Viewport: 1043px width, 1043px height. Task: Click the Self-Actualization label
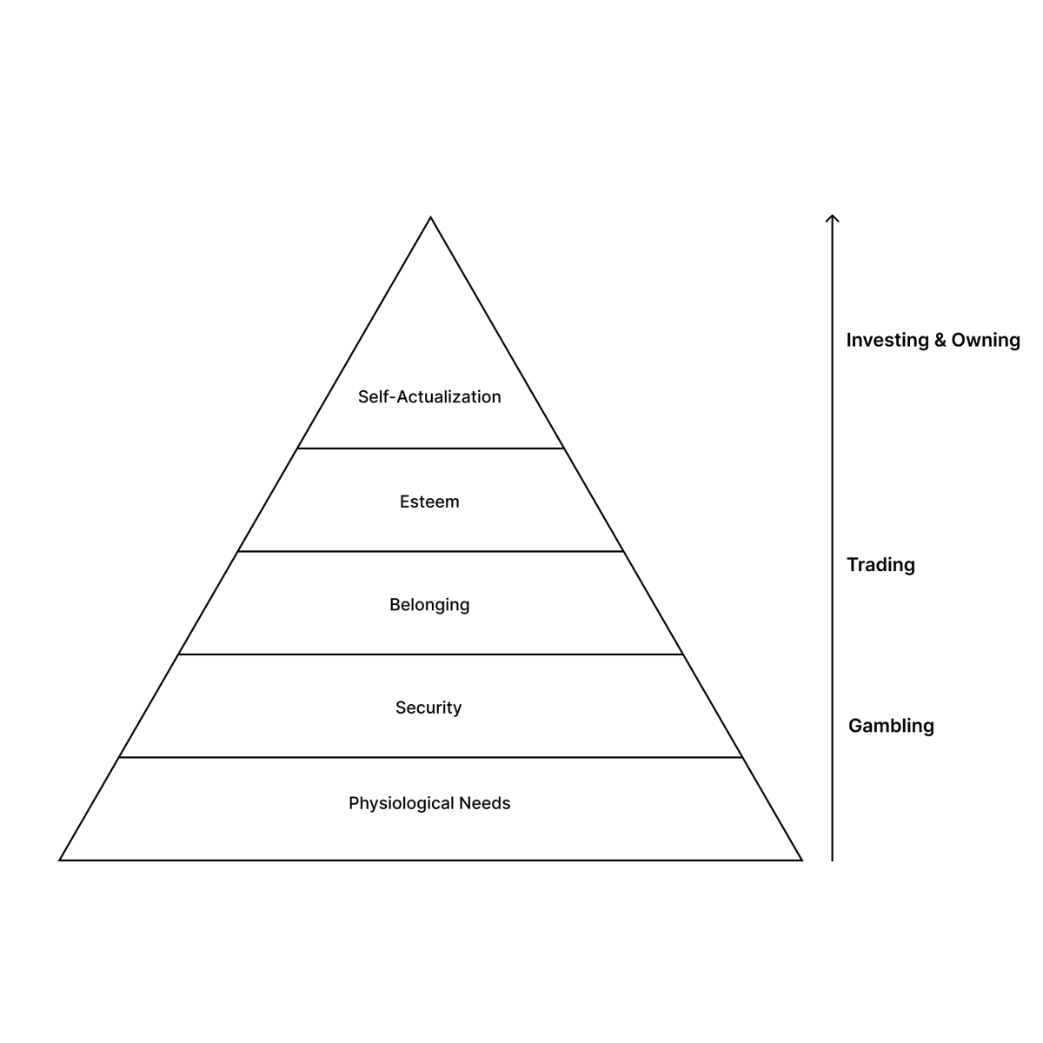pos(429,397)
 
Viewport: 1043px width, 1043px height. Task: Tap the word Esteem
pos(429,502)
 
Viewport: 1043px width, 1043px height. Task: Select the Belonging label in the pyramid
pos(429,605)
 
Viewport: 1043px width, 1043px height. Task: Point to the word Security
pos(428,708)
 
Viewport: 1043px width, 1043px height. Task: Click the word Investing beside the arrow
pos(887,340)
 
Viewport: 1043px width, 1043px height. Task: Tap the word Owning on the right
pos(986,340)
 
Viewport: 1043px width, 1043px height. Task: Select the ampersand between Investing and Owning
pos(940,340)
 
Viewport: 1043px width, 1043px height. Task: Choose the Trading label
pos(880,565)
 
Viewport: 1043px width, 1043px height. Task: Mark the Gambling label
pos(891,726)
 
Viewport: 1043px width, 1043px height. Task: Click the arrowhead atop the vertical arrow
pos(832,217)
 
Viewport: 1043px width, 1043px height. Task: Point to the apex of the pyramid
pos(430,218)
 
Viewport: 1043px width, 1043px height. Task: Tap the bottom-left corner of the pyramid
pos(61,860)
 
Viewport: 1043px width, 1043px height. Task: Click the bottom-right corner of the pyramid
pos(801,860)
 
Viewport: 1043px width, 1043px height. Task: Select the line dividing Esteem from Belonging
pos(430,551)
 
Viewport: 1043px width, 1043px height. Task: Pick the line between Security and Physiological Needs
pos(430,757)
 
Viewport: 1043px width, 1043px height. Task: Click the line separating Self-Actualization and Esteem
pos(430,448)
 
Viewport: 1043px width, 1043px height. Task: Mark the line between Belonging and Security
pos(430,654)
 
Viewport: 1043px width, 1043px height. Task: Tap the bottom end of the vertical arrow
pos(832,859)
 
